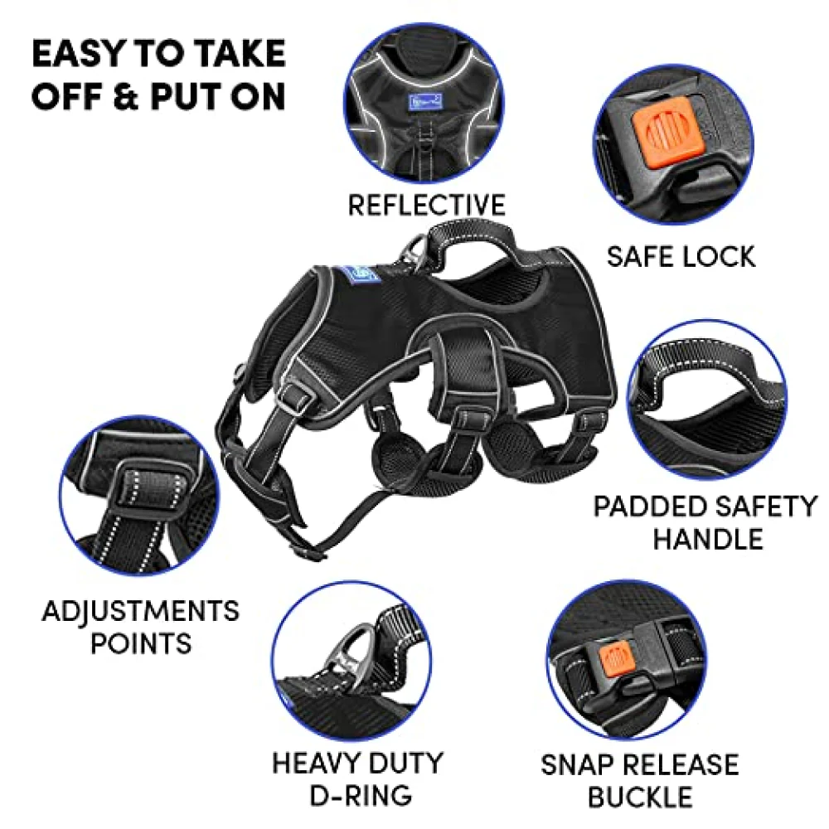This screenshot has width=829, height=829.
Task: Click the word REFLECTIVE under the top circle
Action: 427,205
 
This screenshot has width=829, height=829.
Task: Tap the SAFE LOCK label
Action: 681,257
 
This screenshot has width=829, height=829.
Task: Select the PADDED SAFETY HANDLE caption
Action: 706,523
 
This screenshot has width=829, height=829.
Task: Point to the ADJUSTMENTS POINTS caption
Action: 141,627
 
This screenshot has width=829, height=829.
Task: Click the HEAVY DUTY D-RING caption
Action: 358,778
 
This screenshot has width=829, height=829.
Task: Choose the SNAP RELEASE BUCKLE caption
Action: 640,780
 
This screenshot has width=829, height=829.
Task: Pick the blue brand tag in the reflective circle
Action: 424,101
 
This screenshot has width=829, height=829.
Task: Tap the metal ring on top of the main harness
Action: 413,255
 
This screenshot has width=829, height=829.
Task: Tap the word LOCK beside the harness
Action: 719,257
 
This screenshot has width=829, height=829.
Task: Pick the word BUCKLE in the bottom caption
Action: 640,797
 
